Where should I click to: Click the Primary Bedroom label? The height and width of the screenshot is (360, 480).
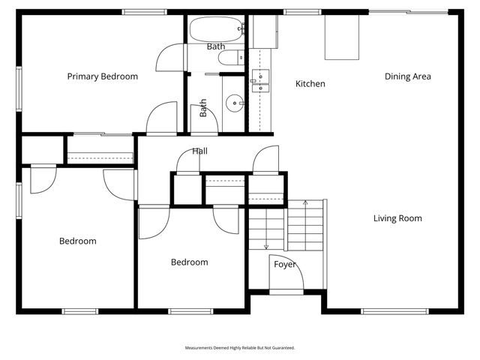pyautogui.click(x=103, y=76)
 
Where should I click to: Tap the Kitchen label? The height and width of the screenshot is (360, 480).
pyautogui.click(x=310, y=83)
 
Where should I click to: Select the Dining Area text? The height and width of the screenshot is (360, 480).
pyautogui.click(x=408, y=76)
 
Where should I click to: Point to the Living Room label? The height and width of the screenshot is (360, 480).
pyautogui.click(x=397, y=218)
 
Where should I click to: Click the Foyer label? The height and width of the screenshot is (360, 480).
pyautogui.click(x=285, y=264)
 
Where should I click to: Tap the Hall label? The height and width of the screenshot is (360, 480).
pyautogui.click(x=200, y=151)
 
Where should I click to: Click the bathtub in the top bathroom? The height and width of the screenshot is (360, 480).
pyautogui.click(x=217, y=29)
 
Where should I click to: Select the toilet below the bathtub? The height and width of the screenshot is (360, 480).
pyautogui.click(x=232, y=58)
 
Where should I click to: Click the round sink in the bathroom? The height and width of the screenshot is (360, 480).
pyautogui.click(x=235, y=103)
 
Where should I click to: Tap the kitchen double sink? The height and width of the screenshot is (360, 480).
pyautogui.click(x=260, y=81)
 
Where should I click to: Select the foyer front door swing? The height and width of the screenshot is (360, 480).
pyautogui.click(x=286, y=272)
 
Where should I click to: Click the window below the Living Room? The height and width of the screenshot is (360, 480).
pyautogui.click(x=394, y=312)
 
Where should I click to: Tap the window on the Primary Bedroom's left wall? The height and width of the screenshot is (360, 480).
pyautogui.click(x=19, y=88)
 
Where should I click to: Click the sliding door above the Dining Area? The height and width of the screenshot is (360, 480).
pyautogui.click(x=408, y=12)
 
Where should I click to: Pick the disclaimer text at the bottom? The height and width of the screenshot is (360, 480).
pyautogui.click(x=240, y=348)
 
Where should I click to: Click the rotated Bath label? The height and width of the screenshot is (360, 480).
pyautogui.click(x=203, y=108)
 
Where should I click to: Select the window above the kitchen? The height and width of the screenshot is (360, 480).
pyautogui.click(x=302, y=12)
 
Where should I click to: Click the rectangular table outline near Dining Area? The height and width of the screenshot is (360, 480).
pyautogui.click(x=342, y=37)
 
